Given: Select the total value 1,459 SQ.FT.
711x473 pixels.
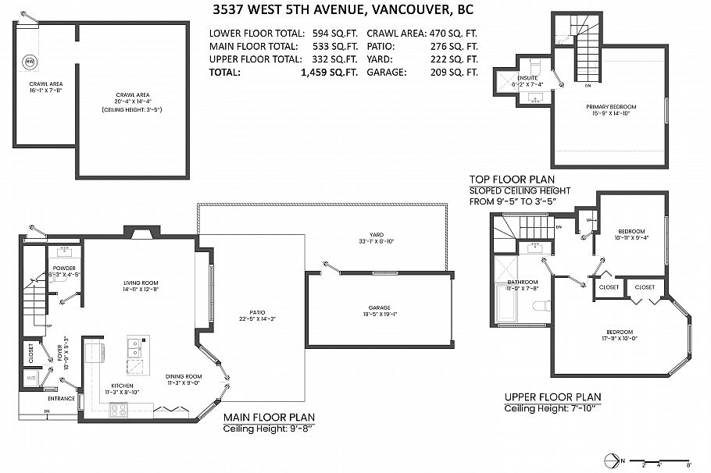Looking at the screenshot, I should [x=329, y=72].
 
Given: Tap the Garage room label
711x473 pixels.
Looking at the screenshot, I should [x=379, y=308].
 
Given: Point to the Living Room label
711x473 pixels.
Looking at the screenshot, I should [x=141, y=283].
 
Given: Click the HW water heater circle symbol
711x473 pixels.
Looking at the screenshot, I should [x=29, y=61].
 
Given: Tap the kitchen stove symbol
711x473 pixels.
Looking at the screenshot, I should [x=118, y=408].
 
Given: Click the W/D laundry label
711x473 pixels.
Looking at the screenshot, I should [x=31, y=377].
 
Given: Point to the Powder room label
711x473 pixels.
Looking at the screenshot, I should [x=64, y=268].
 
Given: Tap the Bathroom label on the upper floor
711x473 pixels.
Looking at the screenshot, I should [x=523, y=282].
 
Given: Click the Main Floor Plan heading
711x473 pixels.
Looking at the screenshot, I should [x=270, y=417].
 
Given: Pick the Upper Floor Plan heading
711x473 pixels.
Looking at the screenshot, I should [x=552, y=397].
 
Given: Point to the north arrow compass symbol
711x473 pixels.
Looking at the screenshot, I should [x=620, y=461].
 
